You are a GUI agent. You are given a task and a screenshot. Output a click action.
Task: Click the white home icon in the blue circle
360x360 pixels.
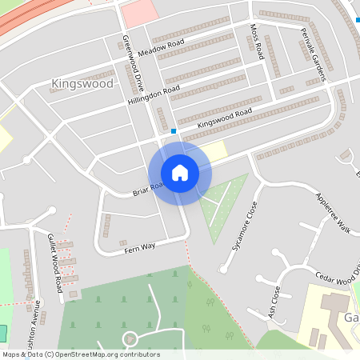coord(180,172)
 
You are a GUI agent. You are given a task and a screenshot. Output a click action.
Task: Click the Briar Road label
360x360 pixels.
coord(147,189)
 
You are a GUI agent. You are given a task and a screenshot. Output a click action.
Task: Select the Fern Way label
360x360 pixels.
coord(139,249)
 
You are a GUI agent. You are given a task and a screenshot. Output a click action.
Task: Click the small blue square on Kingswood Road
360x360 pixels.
coord(174,131)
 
